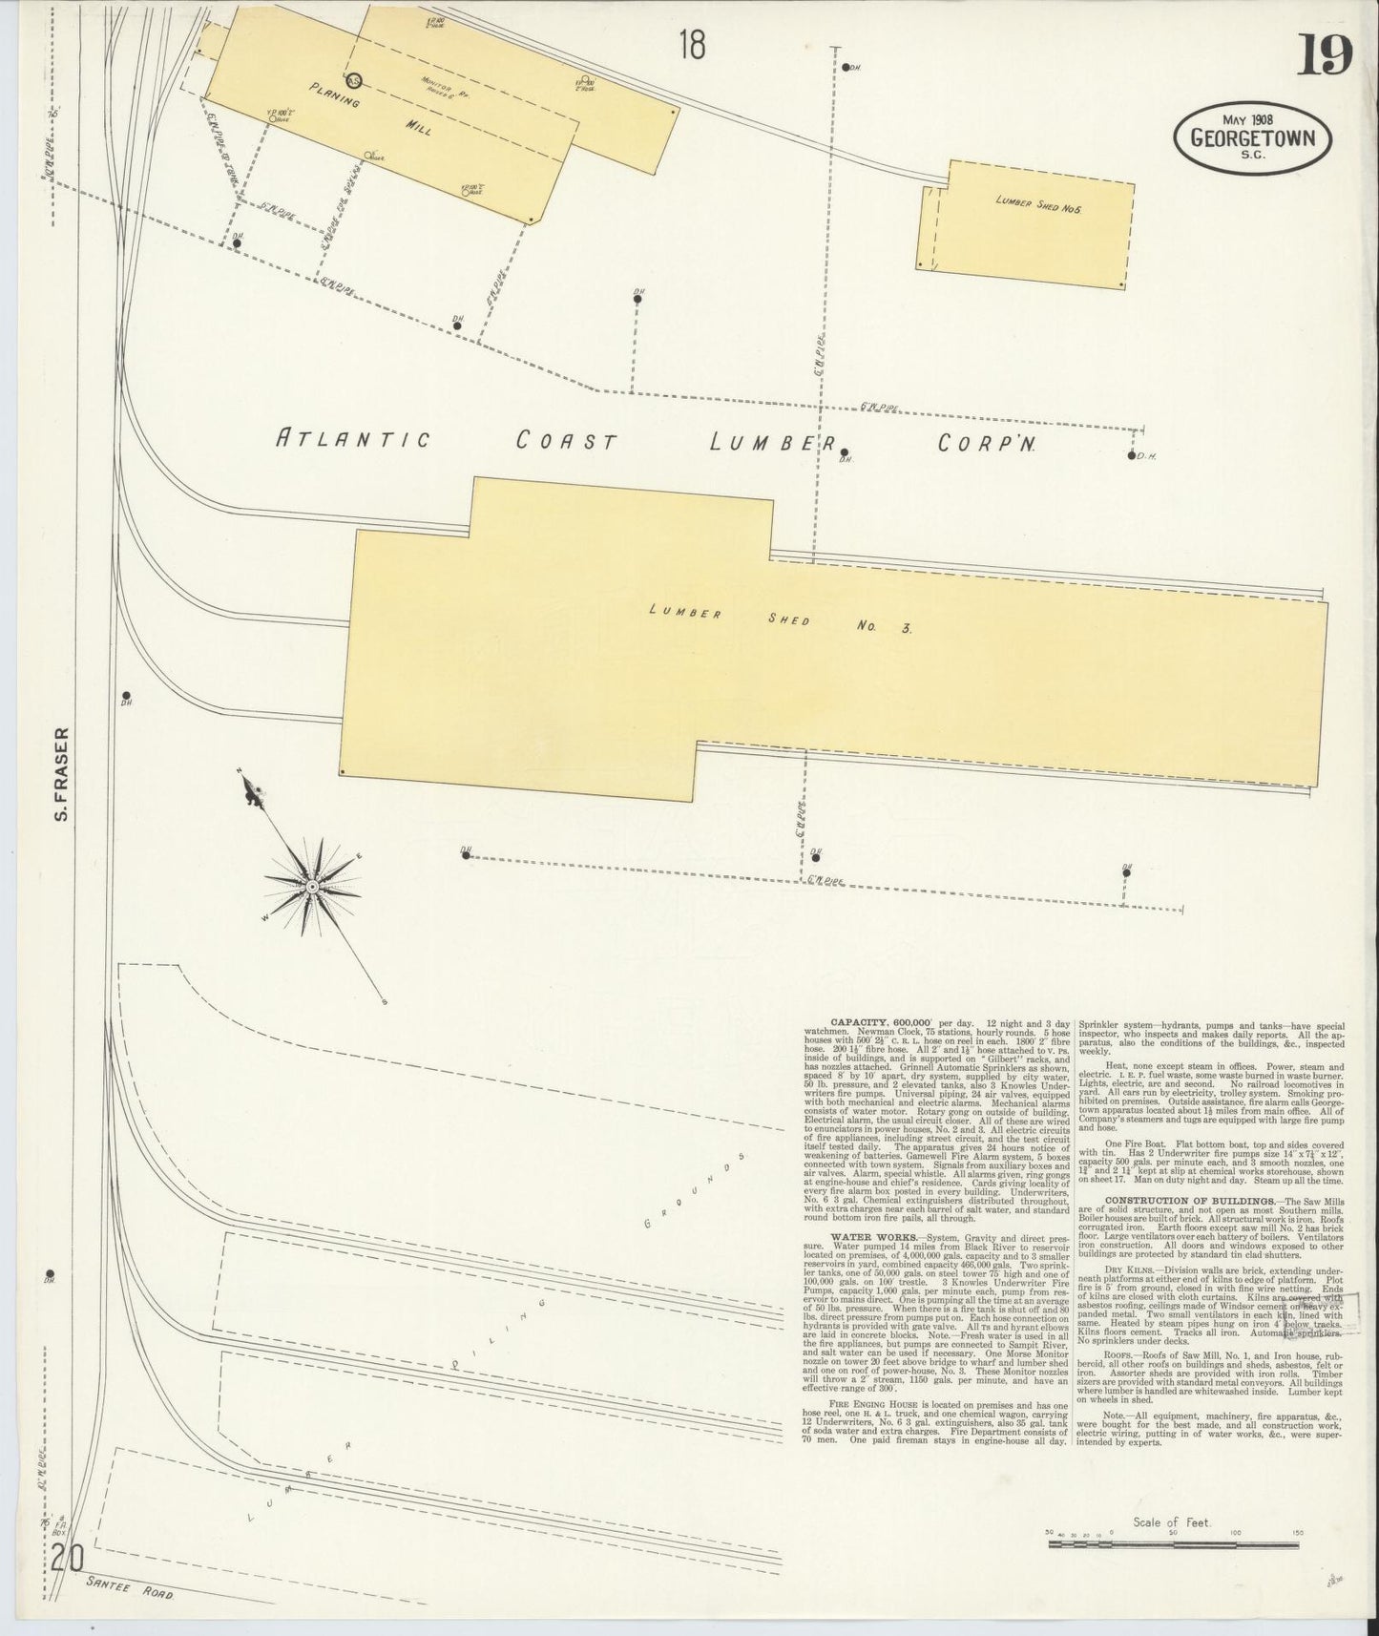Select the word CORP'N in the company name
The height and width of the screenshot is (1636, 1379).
click(987, 444)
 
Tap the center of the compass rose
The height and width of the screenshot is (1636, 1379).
click(312, 887)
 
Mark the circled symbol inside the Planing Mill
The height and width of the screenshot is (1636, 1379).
click(354, 81)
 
